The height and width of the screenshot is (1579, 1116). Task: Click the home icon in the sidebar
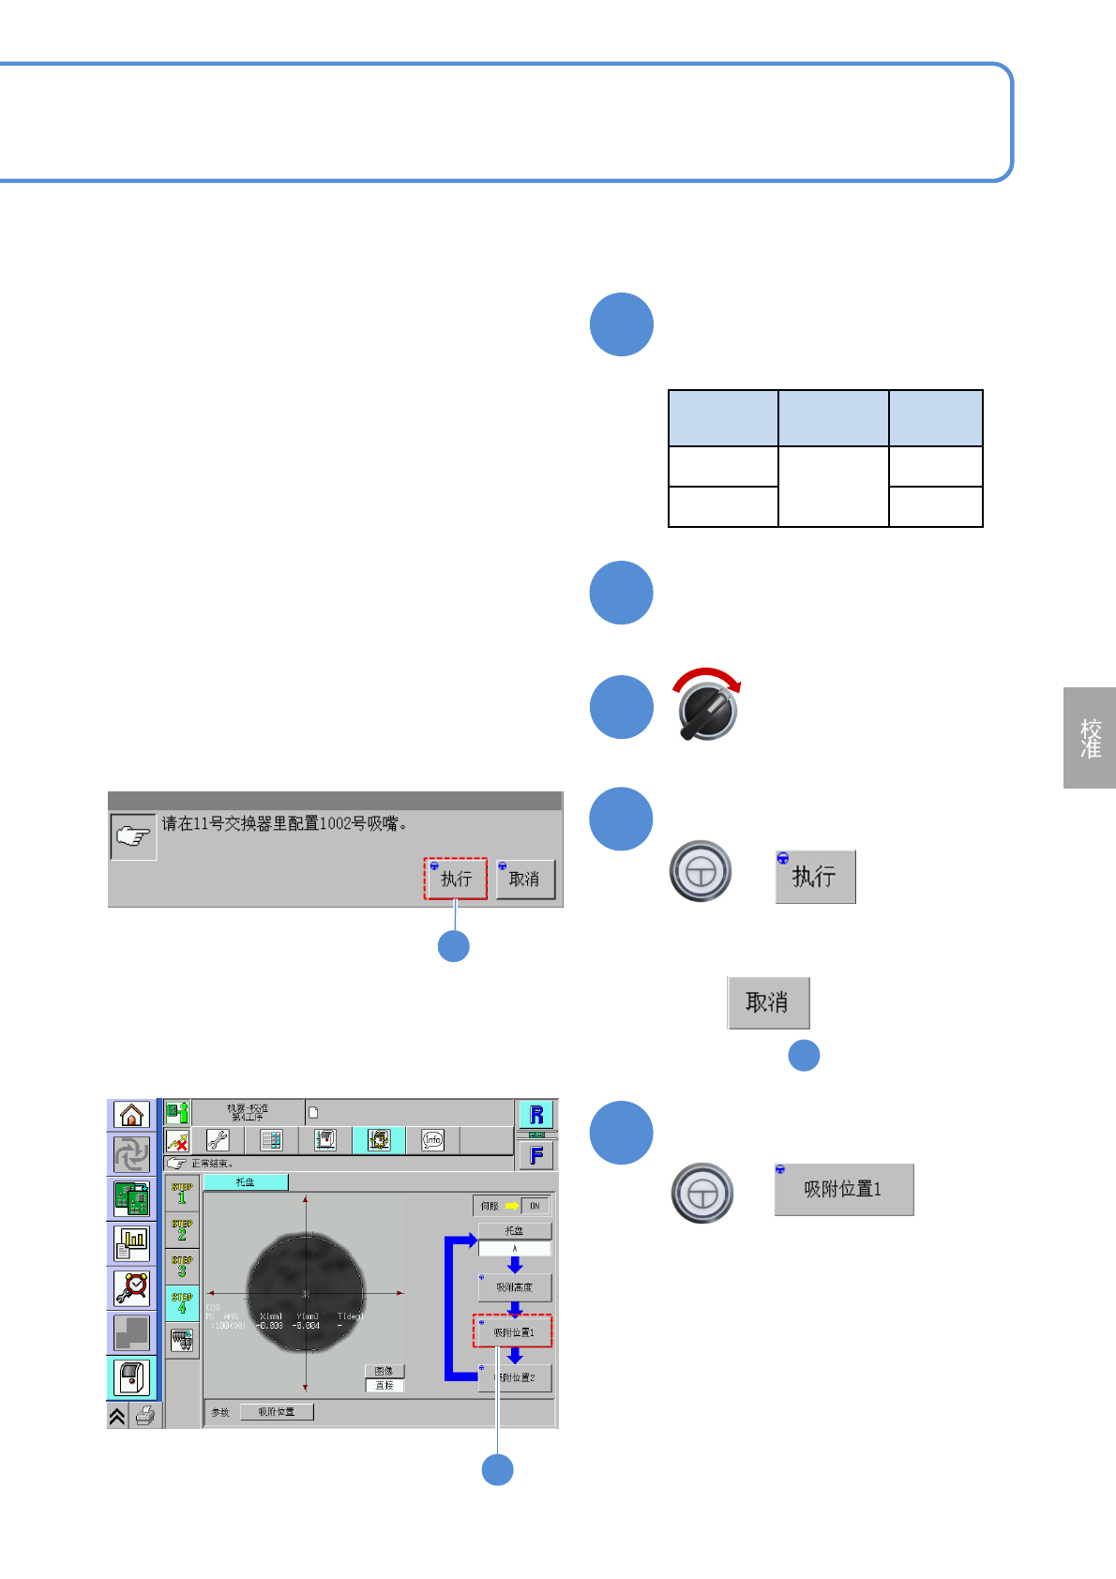tap(131, 1115)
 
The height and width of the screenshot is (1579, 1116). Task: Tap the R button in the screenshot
tap(536, 1115)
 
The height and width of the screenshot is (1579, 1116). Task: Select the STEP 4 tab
tap(182, 1303)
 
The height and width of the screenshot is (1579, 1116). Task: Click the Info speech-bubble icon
tap(432, 1140)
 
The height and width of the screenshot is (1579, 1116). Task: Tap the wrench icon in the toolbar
tap(218, 1140)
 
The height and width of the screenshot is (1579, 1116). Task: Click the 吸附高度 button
tap(515, 1287)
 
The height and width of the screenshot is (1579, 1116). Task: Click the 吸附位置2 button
tap(515, 1377)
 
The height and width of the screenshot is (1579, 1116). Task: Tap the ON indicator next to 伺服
tap(535, 1206)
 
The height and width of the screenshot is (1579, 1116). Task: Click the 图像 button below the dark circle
tap(385, 1371)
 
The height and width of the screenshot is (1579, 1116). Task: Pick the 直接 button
tap(385, 1385)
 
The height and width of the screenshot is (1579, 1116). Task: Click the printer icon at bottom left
tap(144, 1416)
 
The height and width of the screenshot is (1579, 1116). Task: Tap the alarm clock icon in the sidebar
tap(131, 1288)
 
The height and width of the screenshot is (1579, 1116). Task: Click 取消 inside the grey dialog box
tap(525, 880)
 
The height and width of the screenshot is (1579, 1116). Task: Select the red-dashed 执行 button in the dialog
tap(456, 880)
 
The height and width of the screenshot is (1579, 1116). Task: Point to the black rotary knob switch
tap(708, 709)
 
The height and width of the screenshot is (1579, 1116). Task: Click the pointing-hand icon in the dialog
tap(133, 835)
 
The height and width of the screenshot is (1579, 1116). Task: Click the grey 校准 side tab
tap(1090, 738)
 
